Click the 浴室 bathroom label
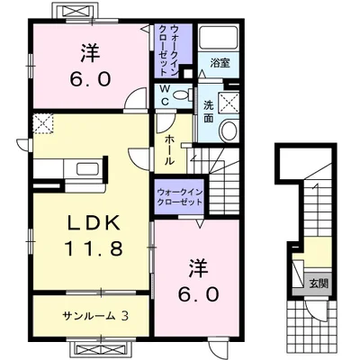(x=220, y=63)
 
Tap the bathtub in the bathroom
(x=219, y=37)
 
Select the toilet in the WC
(x=183, y=94)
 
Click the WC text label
(x=165, y=94)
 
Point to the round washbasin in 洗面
(x=229, y=130)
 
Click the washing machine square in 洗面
(x=229, y=103)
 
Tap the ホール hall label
(x=169, y=149)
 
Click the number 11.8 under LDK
(x=94, y=248)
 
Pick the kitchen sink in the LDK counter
(x=87, y=169)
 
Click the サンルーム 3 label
(x=95, y=315)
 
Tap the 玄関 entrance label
(x=319, y=283)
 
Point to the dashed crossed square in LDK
(x=43, y=123)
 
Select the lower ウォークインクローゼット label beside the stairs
(x=180, y=196)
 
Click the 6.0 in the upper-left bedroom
(x=90, y=79)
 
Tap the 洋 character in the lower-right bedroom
(x=198, y=268)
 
